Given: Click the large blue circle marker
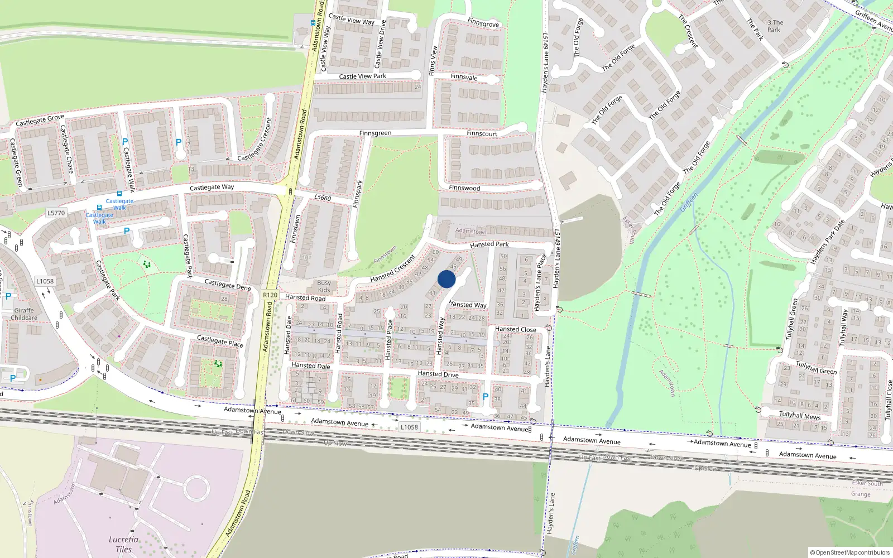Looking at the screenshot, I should (x=446, y=279).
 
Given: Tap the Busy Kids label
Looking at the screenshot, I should (x=324, y=286).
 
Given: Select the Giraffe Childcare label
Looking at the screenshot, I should (x=24, y=314).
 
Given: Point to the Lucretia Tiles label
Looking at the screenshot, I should (x=123, y=544).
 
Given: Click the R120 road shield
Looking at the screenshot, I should (x=270, y=295).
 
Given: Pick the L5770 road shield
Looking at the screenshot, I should (x=56, y=213).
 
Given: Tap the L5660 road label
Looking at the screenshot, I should (x=323, y=198).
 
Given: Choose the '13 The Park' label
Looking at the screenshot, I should (x=774, y=26).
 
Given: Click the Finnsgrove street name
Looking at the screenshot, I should (x=483, y=23).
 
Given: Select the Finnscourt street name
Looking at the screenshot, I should (x=482, y=134).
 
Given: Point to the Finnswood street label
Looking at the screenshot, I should (x=464, y=188).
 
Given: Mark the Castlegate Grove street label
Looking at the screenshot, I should (x=40, y=120).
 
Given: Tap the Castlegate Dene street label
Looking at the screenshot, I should (x=228, y=285).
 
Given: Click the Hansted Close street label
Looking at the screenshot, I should (x=515, y=329).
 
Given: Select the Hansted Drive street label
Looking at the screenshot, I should (x=438, y=374).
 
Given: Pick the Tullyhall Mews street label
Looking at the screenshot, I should (x=800, y=415).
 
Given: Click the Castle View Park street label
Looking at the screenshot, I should (x=362, y=76).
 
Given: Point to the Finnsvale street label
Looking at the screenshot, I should (x=464, y=77).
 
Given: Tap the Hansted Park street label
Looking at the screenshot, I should (x=489, y=244).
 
